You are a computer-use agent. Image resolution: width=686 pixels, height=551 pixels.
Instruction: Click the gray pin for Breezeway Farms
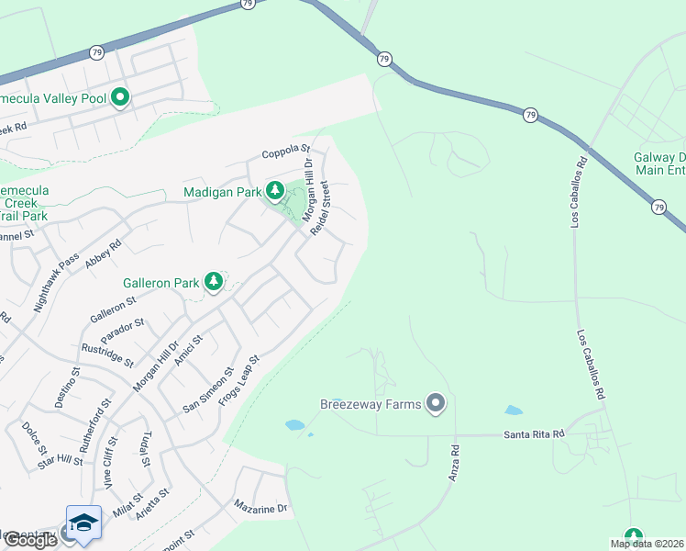[x=436, y=403]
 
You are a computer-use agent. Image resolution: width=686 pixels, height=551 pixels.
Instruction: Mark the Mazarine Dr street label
[x=260, y=506]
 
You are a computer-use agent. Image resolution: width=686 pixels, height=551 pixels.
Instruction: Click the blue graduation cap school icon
[x=83, y=522]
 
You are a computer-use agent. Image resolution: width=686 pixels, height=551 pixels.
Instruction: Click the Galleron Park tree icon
[x=214, y=281]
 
